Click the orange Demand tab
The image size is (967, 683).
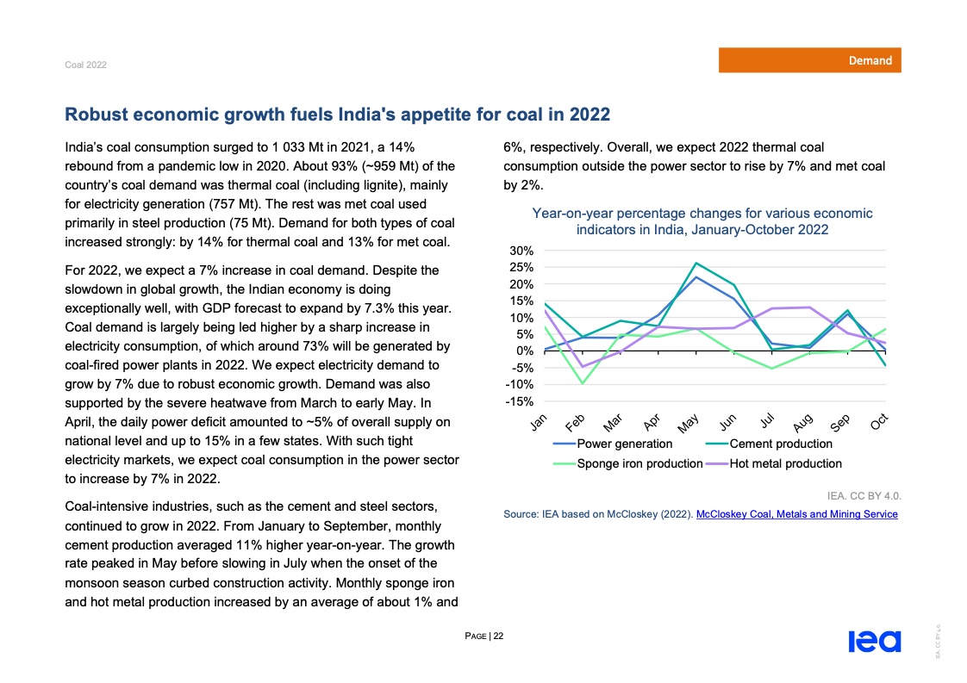coord(810,60)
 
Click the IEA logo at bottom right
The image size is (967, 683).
coord(874,642)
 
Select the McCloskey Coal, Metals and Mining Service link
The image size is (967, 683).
coord(796,514)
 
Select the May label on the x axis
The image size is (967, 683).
coord(688,424)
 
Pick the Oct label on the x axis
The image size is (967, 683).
coord(879,422)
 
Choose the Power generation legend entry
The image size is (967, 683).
coord(624,444)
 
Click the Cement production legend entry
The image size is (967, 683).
coord(780,444)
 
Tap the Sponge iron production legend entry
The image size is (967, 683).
coord(639,463)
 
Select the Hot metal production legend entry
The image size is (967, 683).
coord(784,463)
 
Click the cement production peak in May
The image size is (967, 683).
coord(696,263)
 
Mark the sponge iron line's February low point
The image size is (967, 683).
coord(582,383)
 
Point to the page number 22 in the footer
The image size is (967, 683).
coord(498,636)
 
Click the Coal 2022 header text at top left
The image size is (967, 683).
coord(85,65)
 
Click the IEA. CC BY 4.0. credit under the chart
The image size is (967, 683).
coord(862,495)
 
